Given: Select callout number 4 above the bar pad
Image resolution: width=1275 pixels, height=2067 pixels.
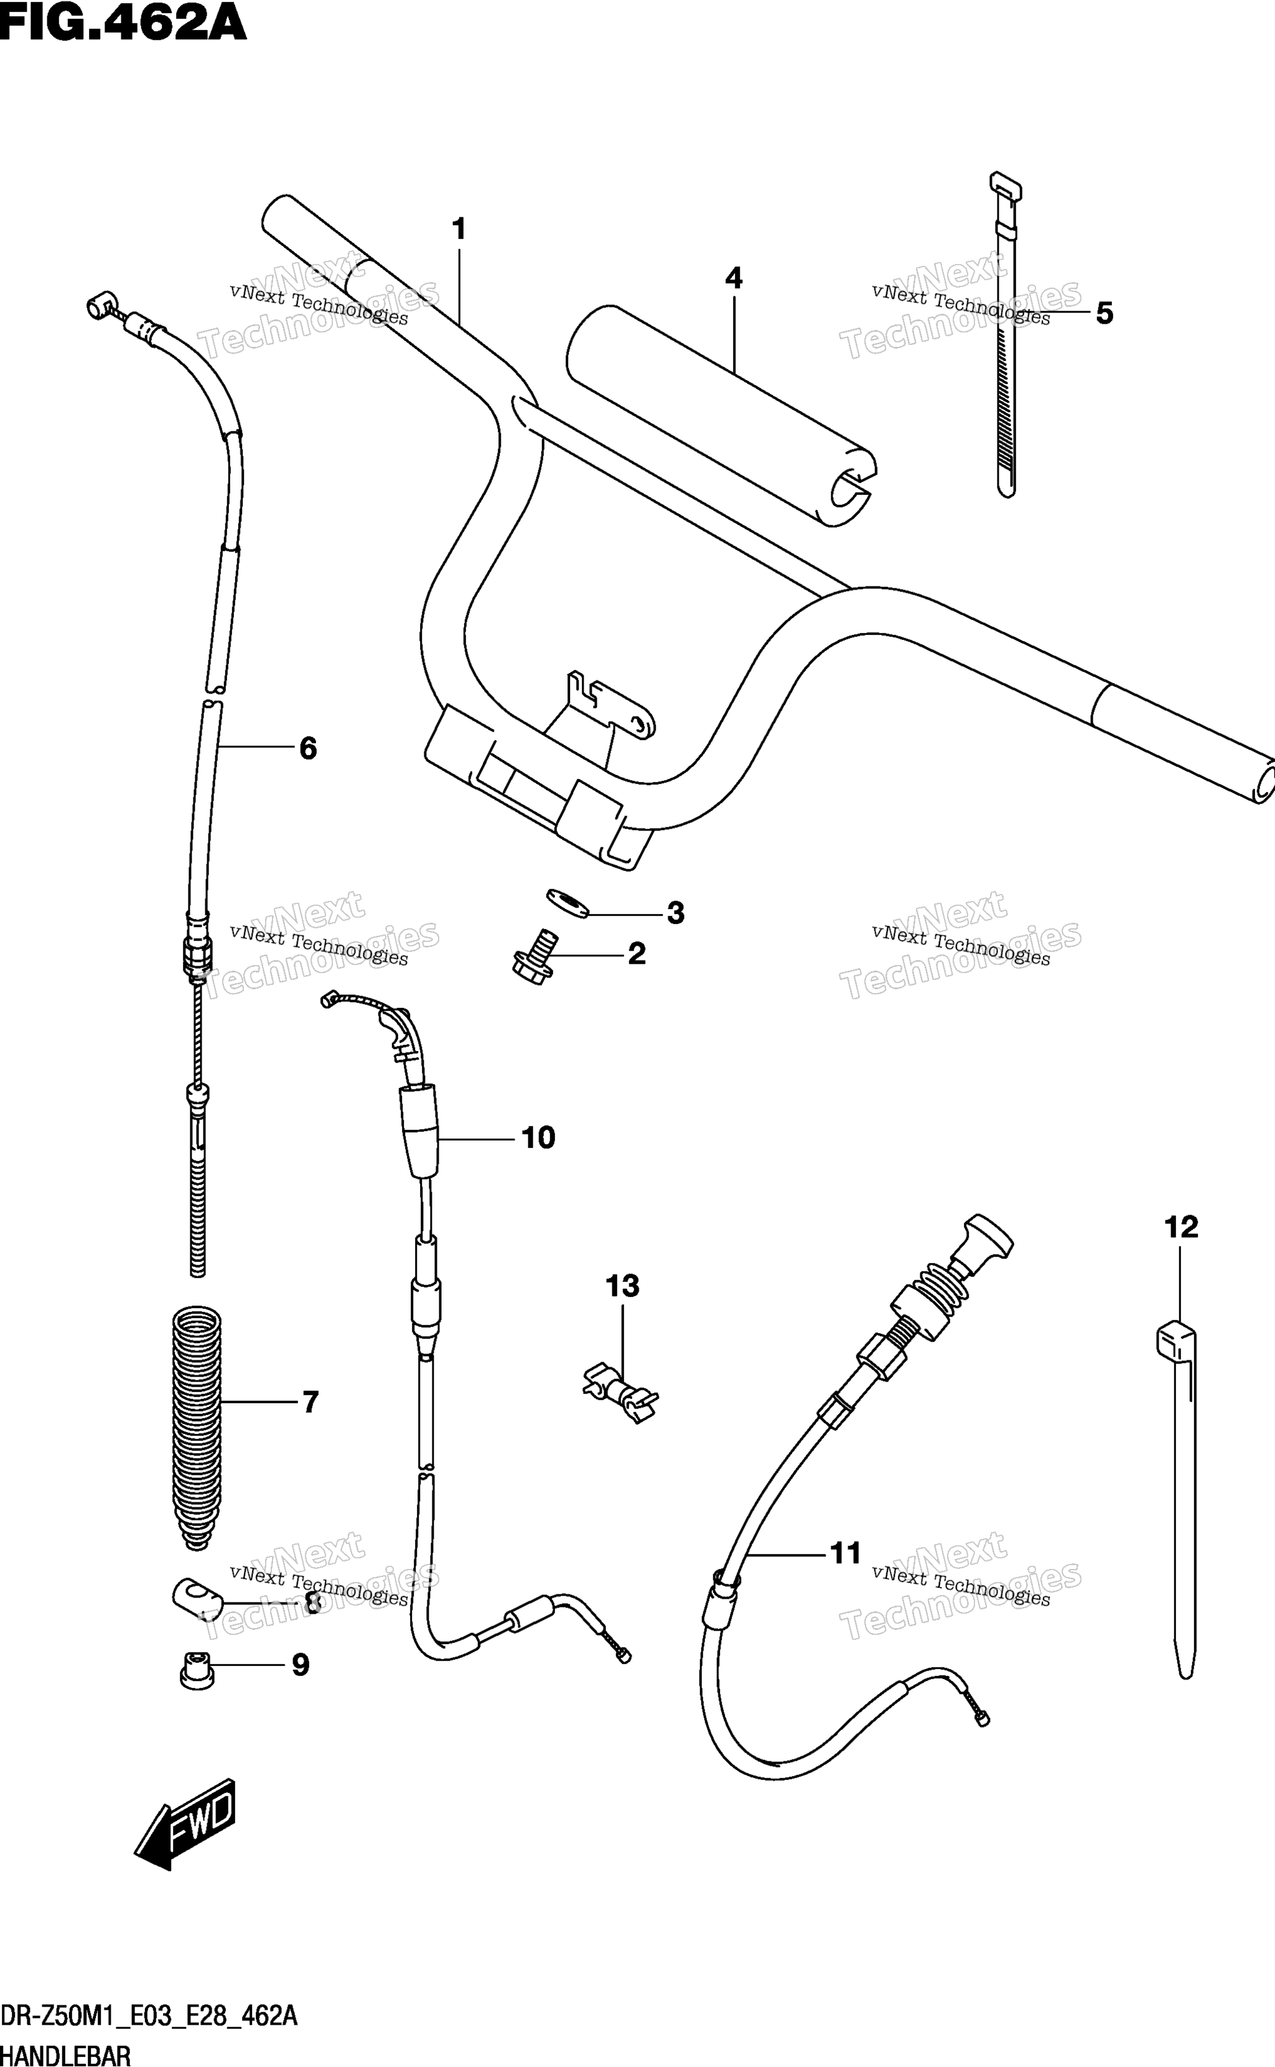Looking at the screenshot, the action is [734, 278].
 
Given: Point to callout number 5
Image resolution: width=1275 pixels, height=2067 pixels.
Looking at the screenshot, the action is [1104, 314].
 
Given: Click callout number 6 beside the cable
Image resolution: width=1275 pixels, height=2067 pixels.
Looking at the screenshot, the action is [309, 748].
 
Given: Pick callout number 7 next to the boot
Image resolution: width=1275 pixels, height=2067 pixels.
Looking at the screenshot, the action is [311, 1402].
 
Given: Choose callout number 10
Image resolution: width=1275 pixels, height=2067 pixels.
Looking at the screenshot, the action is [538, 1138].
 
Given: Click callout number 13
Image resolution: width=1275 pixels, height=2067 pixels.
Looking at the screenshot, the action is [622, 1287].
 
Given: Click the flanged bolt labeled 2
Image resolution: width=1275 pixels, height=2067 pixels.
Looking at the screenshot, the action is [535, 958].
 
